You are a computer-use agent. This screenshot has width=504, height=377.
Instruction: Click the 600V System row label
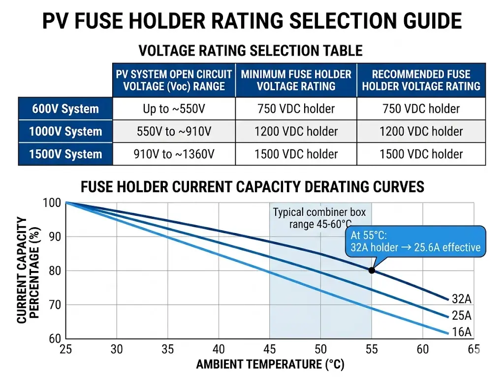pos(65,109)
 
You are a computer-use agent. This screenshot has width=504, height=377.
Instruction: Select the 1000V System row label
pos(65,132)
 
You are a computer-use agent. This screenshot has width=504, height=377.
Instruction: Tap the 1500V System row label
pos(65,154)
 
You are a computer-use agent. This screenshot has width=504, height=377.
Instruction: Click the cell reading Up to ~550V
pos(174,109)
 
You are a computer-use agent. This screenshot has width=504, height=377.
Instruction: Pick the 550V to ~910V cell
pos(174,132)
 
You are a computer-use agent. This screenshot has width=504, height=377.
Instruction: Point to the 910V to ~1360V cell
pos(174,154)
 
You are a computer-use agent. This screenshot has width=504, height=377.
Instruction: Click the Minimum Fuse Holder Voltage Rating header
pos(296,80)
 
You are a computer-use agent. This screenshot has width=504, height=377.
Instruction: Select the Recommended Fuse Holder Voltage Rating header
pos(421,80)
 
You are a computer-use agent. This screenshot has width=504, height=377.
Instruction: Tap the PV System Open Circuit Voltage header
pos(174,80)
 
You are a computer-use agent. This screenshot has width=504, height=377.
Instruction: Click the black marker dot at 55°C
pos(372,270)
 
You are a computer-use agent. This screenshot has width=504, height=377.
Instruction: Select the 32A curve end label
pos(461,298)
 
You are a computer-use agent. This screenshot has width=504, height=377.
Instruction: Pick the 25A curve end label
pos(461,315)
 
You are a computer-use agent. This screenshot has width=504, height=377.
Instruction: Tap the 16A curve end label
pos(461,332)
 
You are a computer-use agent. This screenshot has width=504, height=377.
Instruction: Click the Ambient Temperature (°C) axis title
pos(270,365)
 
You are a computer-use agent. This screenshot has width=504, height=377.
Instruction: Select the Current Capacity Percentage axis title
pos(28,270)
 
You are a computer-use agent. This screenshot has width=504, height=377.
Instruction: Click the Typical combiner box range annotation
pos(319,218)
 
